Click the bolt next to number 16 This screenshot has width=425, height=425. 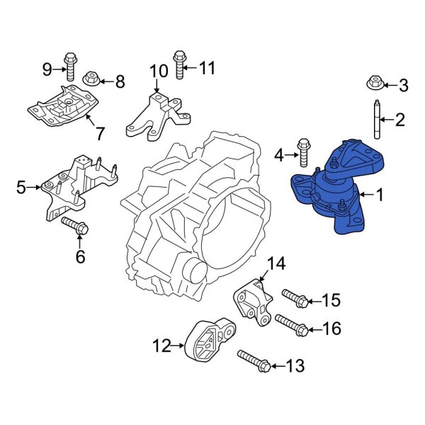(x=292, y=325)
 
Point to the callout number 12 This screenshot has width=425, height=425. (x=161, y=346)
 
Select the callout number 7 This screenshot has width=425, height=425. (x=99, y=132)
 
